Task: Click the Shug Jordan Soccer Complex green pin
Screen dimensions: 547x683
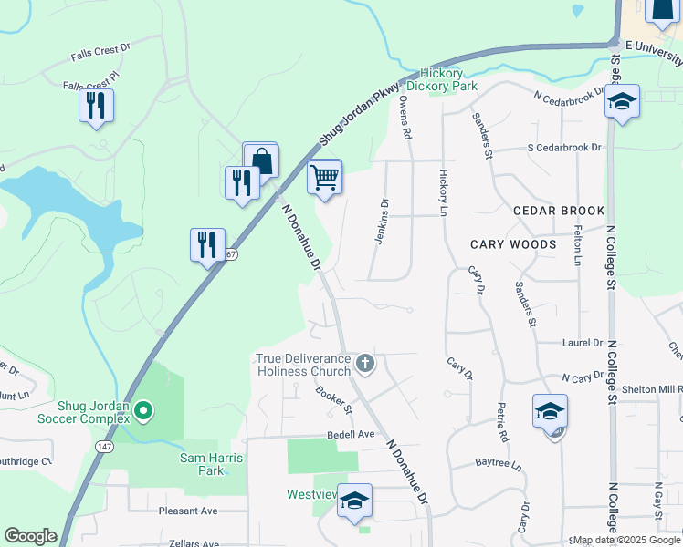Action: pos(142,412)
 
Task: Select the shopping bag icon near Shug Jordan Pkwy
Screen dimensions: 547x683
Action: pos(260,160)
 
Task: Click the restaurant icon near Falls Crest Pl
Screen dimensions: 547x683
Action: pos(96,105)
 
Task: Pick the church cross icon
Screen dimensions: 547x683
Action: pos(364,364)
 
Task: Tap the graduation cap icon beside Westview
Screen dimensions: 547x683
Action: pos(354,500)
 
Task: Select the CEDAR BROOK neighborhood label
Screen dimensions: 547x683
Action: pos(559,211)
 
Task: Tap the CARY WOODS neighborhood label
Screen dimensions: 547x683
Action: pos(513,244)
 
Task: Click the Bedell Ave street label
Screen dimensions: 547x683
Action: pos(352,435)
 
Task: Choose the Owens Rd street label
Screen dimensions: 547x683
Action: pos(405,119)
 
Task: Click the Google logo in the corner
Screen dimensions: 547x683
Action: pos(30,535)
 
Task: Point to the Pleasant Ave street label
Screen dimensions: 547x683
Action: pos(187,511)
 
